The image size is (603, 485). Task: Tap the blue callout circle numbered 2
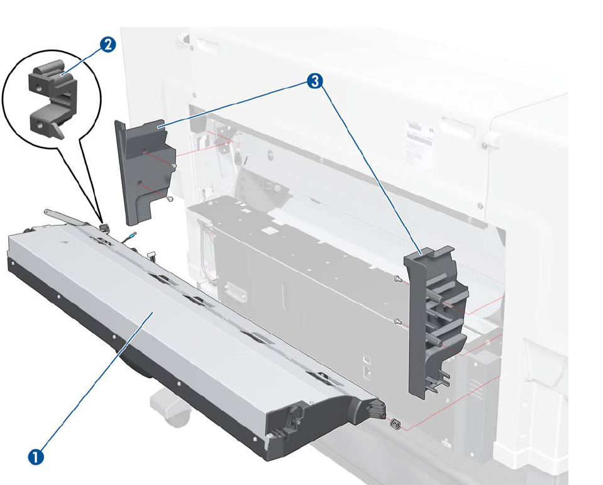tap(107, 45)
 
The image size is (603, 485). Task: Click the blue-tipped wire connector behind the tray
tap(130, 236)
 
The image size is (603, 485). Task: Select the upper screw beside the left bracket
tap(174, 166)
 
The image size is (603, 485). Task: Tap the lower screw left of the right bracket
tap(397, 322)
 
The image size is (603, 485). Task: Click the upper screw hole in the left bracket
tap(145, 152)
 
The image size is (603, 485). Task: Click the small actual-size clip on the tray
tap(105, 227)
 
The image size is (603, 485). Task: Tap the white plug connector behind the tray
tap(151, 254)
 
